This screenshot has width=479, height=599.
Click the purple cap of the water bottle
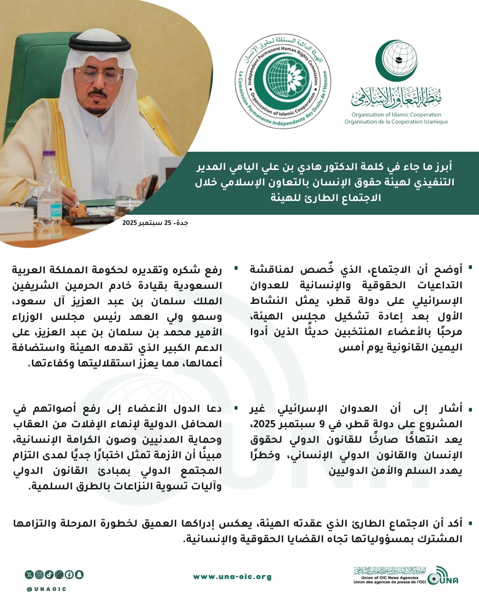49,155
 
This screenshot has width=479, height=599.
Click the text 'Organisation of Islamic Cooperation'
396,114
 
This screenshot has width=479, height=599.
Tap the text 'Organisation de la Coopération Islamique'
396,122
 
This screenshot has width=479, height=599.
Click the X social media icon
29,575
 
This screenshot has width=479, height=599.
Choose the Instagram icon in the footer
39,575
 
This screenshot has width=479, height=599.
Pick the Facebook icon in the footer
69,575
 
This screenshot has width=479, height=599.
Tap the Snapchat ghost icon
79,575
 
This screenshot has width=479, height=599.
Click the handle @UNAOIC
47,589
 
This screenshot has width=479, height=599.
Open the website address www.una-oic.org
232,577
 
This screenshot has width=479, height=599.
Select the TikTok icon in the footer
49,575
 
